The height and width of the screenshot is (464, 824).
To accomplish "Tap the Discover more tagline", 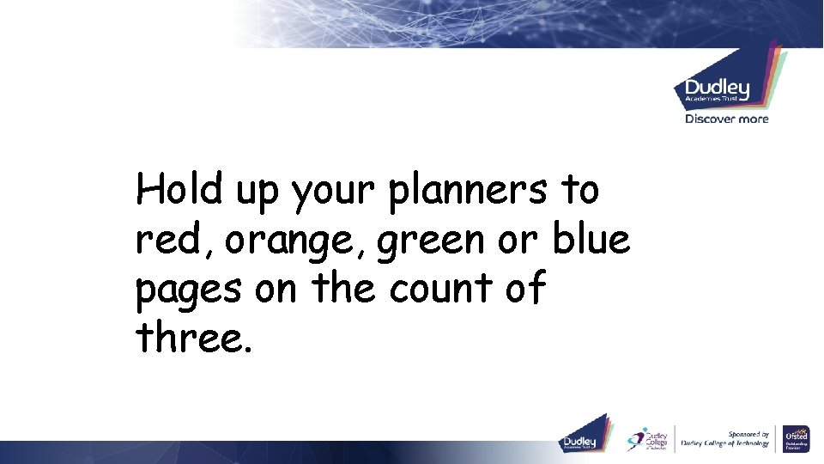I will coord(726,119).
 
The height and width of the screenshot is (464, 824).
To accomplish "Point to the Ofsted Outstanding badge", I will coord(794,438).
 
